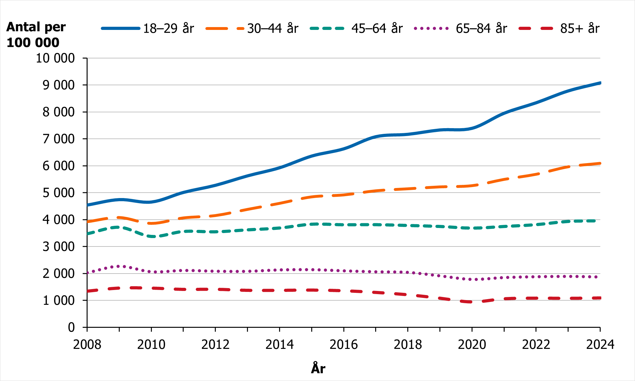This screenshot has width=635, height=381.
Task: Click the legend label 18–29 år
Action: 168,28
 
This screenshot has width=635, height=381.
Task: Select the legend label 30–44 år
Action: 272,28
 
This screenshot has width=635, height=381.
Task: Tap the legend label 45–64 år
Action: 377,28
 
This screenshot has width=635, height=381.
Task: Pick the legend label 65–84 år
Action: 481,28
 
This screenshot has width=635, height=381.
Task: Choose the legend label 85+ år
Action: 580,28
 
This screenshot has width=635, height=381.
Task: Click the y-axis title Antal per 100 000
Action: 36,35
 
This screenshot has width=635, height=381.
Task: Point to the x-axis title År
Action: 318,368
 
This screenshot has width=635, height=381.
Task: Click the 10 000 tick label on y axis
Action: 55,58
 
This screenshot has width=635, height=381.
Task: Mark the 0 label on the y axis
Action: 71,327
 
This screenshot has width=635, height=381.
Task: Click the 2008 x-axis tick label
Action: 87,344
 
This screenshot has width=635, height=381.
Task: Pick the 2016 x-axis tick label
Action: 344,344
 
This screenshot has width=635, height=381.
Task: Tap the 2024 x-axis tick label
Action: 600,344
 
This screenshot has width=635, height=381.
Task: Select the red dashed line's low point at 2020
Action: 472,302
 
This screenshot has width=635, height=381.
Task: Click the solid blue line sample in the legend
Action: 120,28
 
